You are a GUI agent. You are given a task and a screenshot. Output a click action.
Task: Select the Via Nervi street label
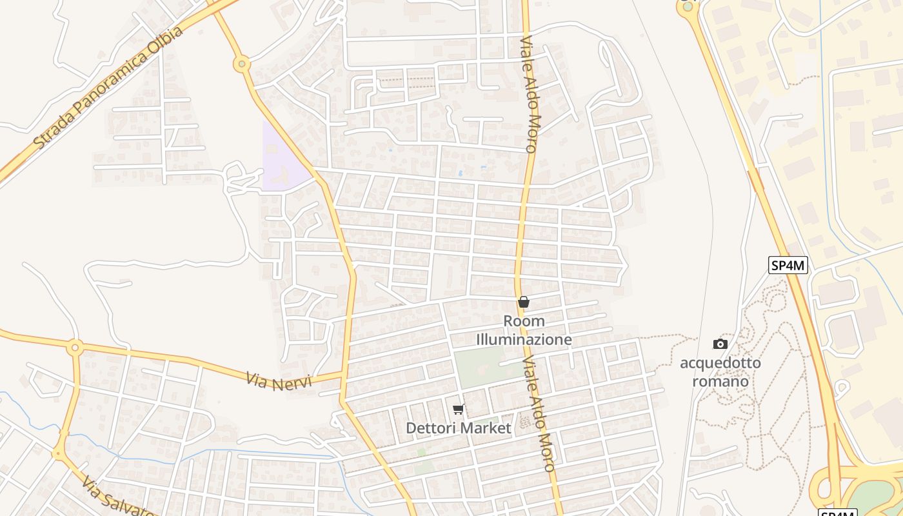(x=279, y=380)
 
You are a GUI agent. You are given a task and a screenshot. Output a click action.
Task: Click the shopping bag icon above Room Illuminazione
(x=524, y=302)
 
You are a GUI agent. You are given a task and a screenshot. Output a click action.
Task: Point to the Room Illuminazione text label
(x=524, y=330)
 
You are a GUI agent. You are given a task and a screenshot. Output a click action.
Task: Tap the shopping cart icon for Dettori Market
(x=459, y=409)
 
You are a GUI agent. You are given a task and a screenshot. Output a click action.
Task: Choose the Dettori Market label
(x=459, y=428)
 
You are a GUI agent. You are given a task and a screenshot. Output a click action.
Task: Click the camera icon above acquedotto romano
(x=720, y=344)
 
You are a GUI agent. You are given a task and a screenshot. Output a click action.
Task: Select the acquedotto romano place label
(x=720, y=372)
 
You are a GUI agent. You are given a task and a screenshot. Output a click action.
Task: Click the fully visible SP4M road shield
(x=788, y=264)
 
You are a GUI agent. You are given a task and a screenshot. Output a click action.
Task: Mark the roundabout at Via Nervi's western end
(x=75, y=348)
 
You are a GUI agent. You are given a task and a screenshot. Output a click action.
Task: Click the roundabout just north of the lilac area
(x=242, y=63)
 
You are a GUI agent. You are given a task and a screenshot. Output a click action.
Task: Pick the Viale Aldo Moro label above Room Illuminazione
(x=528, y=94)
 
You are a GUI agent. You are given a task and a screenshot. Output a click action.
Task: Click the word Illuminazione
(x=524, y=339)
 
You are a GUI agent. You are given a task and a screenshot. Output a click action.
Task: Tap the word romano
(x=720, y=381)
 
